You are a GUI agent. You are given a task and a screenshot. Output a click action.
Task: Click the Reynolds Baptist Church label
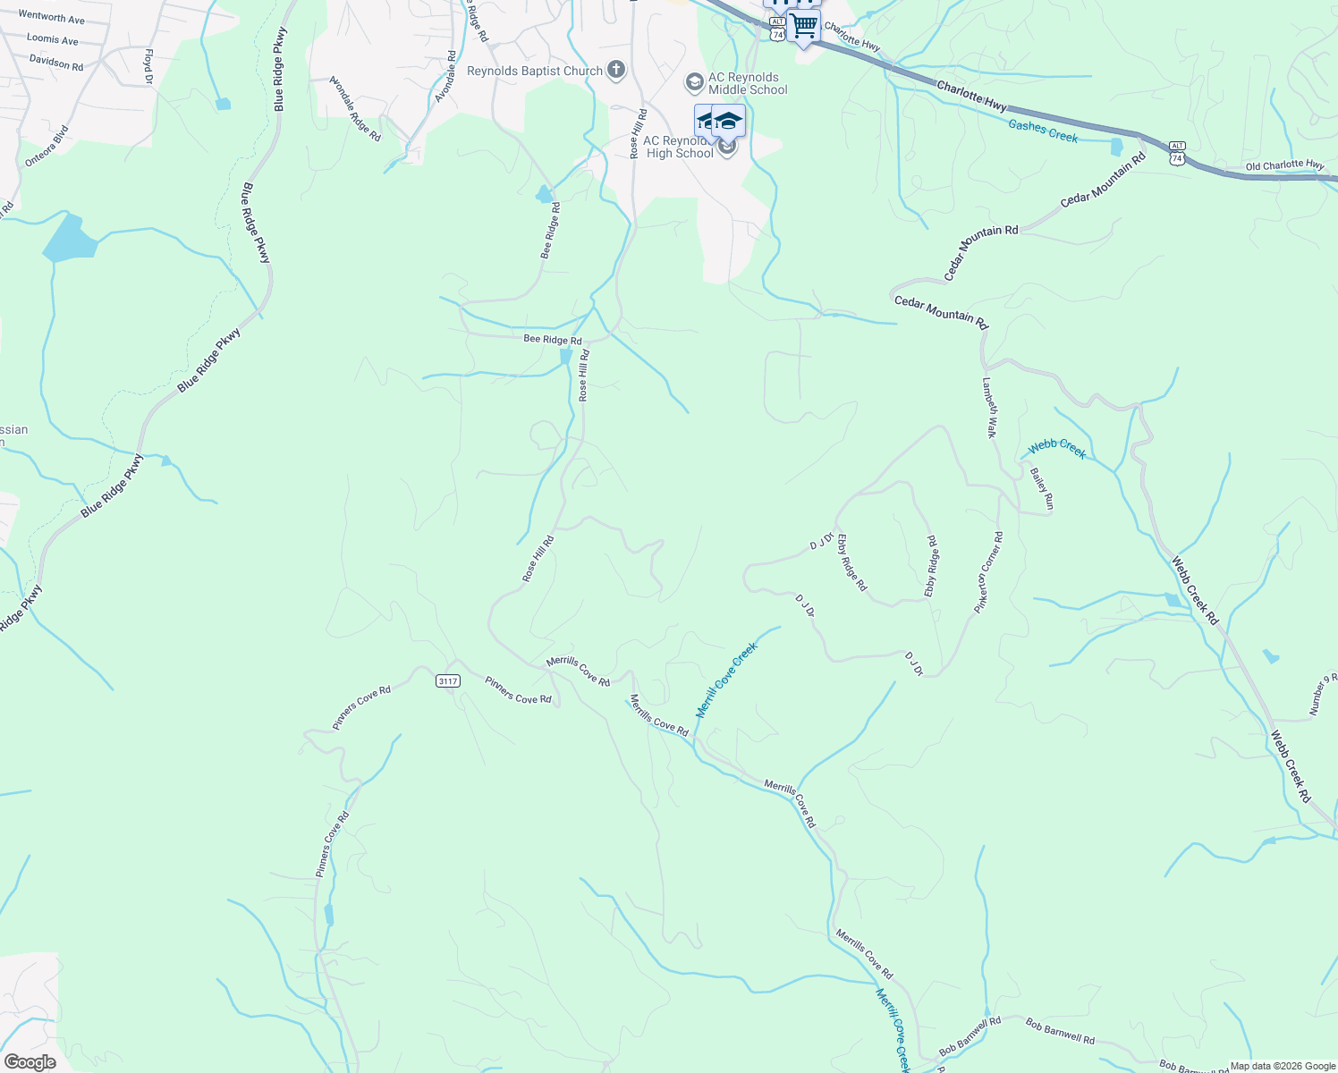[x=535, y=71]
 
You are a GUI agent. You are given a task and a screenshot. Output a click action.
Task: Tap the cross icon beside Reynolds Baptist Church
[x=615, y=70]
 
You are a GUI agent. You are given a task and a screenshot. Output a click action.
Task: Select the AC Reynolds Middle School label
[x=748, y=83]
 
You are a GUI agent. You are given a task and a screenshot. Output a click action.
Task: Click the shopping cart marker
[x=804, y=26]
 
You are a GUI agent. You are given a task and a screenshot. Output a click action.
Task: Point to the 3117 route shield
[x=448, y=681]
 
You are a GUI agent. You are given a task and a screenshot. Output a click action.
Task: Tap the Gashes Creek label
[x=1043, y=131]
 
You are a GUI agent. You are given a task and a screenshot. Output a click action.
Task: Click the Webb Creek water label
[x=1057, y=449]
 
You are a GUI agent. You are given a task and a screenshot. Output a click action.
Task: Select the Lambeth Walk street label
[x=989, y=407]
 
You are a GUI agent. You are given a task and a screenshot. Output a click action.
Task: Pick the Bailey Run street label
[x=1042, y=489]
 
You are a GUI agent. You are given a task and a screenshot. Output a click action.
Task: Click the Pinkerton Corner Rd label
[x=989, y=572]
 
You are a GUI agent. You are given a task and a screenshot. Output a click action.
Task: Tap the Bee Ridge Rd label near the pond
[x=552, y=340]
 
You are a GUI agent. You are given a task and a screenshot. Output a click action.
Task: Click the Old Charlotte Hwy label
[x=1284, y=165]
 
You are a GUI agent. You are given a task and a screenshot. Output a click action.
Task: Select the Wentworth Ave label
[x=51, y=17]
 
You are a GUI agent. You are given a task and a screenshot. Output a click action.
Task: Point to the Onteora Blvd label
[x=47, y=146]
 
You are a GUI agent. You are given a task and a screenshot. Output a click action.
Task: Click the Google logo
[x=30, y=1062]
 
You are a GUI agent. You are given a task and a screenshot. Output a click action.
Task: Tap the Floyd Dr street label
[x=148, y=67]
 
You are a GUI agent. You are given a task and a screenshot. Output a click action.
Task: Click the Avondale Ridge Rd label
[x=355, y=109]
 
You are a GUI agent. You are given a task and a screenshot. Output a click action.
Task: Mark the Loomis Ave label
[x=53, y=39]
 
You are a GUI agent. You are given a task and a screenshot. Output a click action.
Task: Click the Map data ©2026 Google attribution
[x=1283, y=1066]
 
